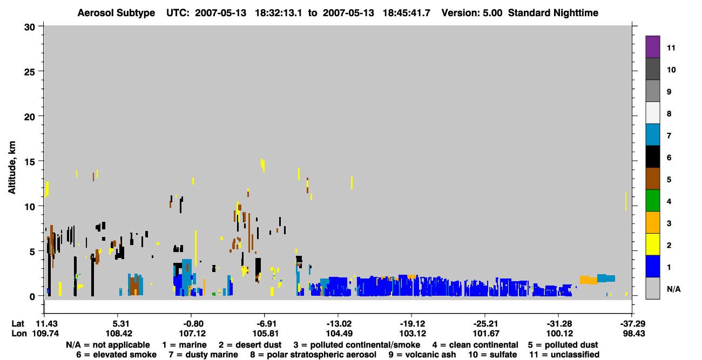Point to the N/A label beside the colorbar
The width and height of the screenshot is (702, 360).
(673, 289)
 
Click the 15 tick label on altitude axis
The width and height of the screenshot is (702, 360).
(30, 161)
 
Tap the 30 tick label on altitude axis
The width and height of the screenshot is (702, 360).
(30, 28)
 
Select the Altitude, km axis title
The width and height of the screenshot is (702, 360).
(12, 168)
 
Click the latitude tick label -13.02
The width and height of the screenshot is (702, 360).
(339, 324)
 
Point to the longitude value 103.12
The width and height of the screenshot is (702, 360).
(413, 334)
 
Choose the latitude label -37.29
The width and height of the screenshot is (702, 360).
(632, 324)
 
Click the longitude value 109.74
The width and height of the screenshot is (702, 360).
(45, 334)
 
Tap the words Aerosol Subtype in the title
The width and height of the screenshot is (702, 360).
(116, 13)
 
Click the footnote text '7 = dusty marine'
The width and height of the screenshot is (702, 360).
(203, 355)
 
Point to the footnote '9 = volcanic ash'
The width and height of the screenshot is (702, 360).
(422, 355)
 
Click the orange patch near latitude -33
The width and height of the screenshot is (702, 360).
(588, 280)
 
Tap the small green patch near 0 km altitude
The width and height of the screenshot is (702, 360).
(214, 294)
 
